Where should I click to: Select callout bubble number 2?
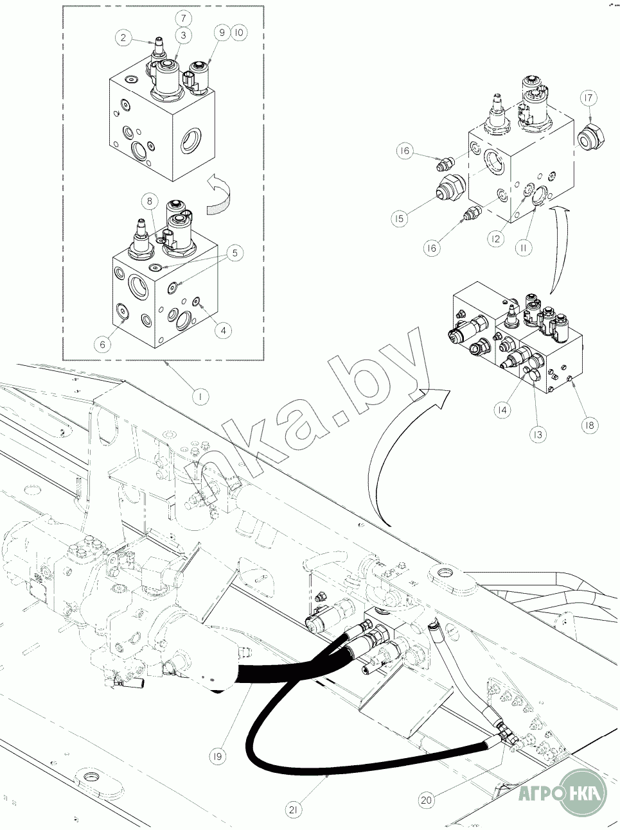click(x=123, y=38)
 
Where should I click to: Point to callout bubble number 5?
click(x=234, y=254)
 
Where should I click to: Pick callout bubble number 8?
click(x=149, y=201)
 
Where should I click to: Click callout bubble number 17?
click(x=589, y=98)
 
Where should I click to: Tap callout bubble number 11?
click(x=525, y=247)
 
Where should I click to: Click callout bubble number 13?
click(x=538, y=435)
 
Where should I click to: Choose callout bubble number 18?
click(x=589, y=424)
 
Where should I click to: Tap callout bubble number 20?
click(x=426, y=800)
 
